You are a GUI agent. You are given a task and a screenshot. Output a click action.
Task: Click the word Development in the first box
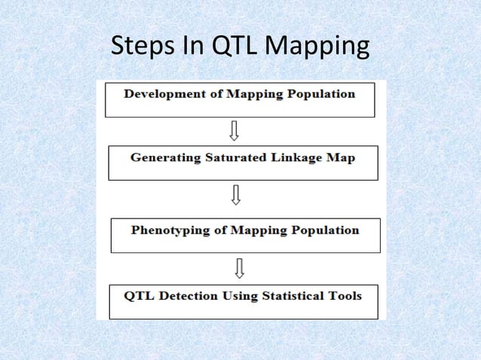pyautogui.click(x=161, y=95)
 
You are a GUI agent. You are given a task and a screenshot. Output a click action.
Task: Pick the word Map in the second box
pyautogui.click(x=340, y=158)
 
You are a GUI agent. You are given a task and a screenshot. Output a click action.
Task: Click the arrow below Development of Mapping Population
pyautogui.click(x=234, y=132)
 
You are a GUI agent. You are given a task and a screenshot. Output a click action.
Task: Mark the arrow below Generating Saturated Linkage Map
pyautogui.click(x=236, y=196)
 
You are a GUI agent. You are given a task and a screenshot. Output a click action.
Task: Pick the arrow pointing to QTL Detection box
pyautogui.click(x=239, y=267)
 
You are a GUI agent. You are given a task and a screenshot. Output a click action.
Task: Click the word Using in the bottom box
pyautogui.click(x=240, y=295)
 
